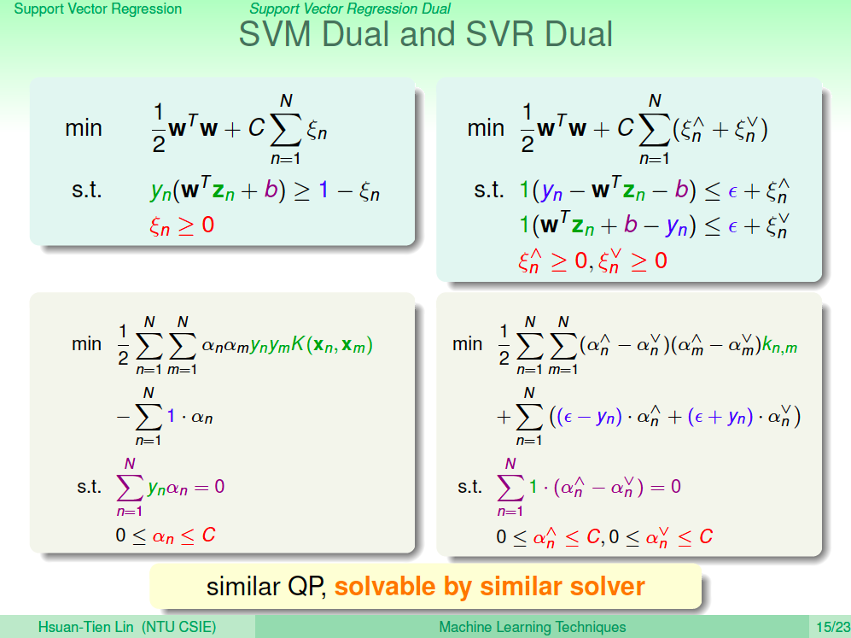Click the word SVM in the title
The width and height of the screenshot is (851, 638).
(275, 33)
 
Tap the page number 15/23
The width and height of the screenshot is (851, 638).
(833, 627)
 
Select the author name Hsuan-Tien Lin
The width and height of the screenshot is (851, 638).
(85, 627)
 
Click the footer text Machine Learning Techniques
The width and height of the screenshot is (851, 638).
(533, 627)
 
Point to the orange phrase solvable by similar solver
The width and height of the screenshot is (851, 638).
(490, 587)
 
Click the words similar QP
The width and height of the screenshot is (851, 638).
(265, 587)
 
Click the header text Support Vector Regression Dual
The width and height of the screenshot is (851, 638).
(350, 9)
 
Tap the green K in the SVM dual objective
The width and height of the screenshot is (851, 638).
(298, 343)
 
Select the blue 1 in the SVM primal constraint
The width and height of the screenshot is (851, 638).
(323, 190)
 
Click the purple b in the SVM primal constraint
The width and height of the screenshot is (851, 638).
(271, 190)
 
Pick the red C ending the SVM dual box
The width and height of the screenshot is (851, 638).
(208, 535)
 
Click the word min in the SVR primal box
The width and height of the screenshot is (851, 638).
(486, 128)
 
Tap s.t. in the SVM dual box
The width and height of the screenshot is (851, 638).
(89, 487)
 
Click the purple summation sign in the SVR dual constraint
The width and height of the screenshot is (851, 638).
(510, 487)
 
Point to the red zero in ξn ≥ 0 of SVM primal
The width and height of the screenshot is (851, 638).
(208, 225)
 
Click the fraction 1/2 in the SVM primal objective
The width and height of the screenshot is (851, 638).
(159, 128)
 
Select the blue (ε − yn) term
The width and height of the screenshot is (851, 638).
(585, 417)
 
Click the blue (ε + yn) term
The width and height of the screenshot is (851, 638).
(720, 417)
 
